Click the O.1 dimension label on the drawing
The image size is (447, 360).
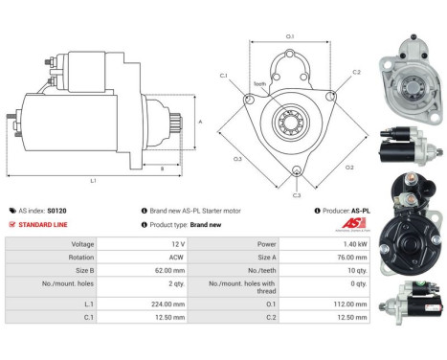[289, 36]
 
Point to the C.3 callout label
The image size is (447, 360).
[297, 194]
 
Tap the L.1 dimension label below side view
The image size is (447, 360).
[93, 181]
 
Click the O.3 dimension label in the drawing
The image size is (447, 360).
[236, 159]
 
